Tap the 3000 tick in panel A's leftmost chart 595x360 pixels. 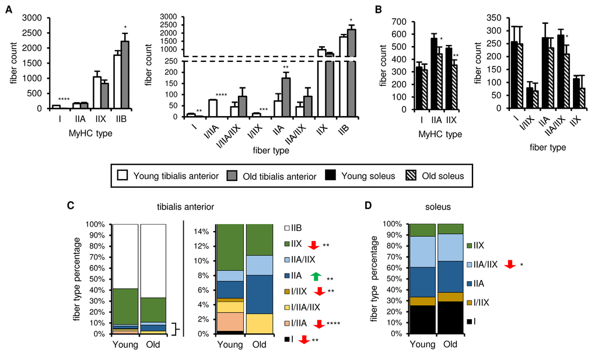[32, 18]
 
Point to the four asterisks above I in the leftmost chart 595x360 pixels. [57, 100]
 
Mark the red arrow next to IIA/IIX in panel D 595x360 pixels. [509, 265]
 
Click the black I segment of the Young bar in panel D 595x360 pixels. [422, 320]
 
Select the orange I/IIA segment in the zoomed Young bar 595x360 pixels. [228, 321]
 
